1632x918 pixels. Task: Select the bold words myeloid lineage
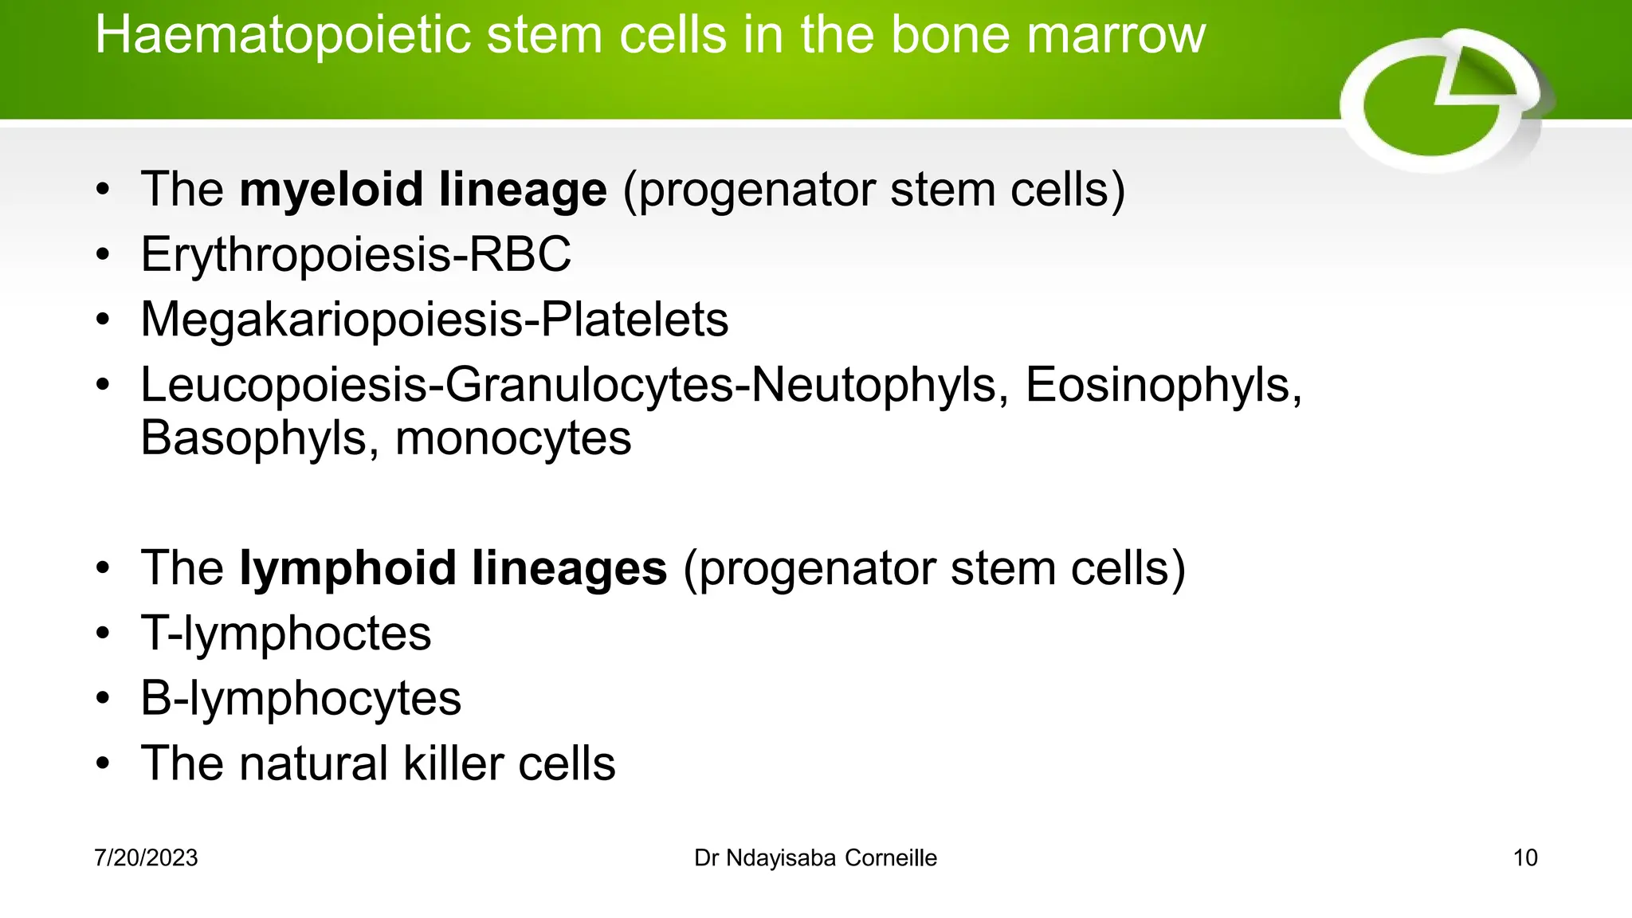tap(423, 190)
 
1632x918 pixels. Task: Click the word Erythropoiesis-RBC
tap(355, 255)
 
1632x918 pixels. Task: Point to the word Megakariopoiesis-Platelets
tap(434, 320)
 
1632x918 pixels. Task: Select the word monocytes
tap(513, 439)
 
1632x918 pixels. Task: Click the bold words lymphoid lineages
tap(453, 569)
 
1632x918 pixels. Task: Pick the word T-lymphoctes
tap(285, 634)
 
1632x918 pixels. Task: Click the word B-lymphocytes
tap(300, 700)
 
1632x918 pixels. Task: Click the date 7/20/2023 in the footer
tap(146, 858)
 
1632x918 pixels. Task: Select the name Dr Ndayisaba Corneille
tap(815, 858)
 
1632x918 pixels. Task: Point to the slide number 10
tap(1524, 858)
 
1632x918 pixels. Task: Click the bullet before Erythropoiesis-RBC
tap(103, 256)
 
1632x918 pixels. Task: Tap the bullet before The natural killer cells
tap(103, 764)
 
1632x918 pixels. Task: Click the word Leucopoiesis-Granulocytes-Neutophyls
tap(567, 386)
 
